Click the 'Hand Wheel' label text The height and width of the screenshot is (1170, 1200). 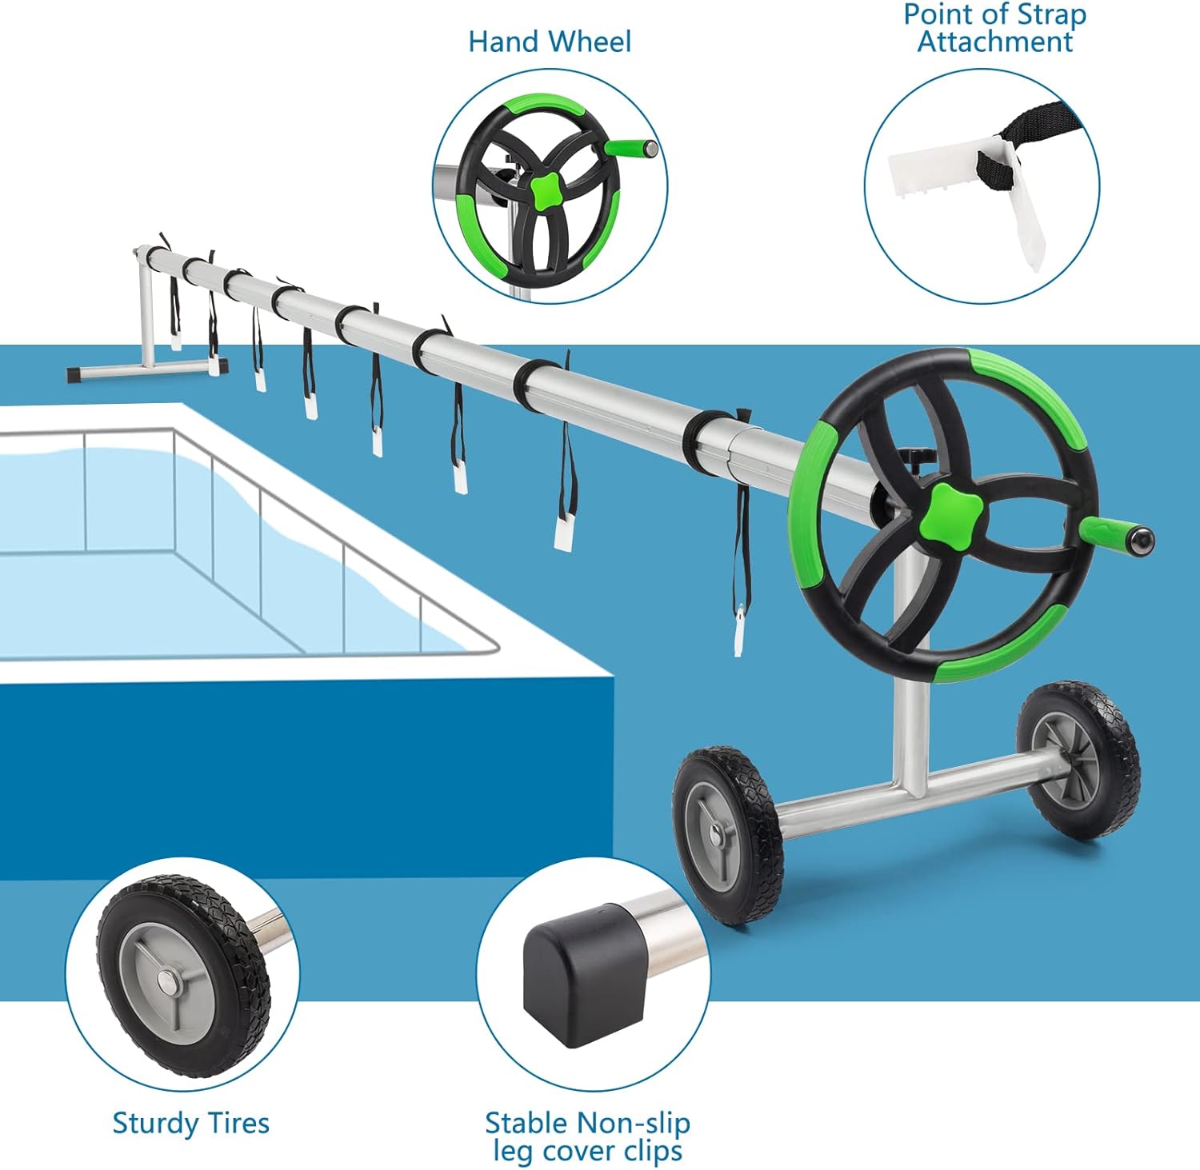pos(550,42)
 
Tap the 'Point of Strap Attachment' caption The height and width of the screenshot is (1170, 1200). pos(994,28)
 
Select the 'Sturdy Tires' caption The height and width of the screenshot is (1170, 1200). pos(191,1123)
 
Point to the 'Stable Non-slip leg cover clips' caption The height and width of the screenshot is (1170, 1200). pos(587,1136)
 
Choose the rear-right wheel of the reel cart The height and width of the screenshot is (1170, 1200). pos(1078,761)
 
